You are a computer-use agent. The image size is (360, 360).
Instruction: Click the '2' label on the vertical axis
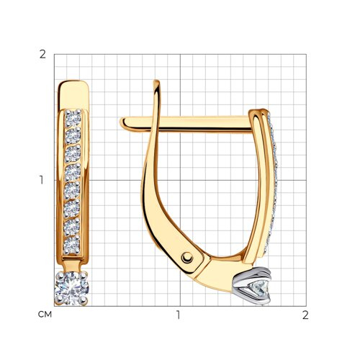point(42,55)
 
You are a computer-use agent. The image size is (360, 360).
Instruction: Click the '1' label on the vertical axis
point(42,180)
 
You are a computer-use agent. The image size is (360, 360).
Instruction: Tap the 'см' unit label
point(45,315)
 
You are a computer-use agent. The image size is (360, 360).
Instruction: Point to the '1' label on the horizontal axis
point(178,315)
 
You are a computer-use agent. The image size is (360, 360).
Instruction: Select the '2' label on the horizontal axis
point(305,315)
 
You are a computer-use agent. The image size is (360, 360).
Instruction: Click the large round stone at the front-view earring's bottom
point(72,288)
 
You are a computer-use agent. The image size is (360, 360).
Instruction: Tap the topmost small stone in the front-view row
point(73,117)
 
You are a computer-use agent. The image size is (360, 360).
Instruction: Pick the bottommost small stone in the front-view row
point(71,245)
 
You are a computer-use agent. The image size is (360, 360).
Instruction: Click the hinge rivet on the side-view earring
point(187,258)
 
